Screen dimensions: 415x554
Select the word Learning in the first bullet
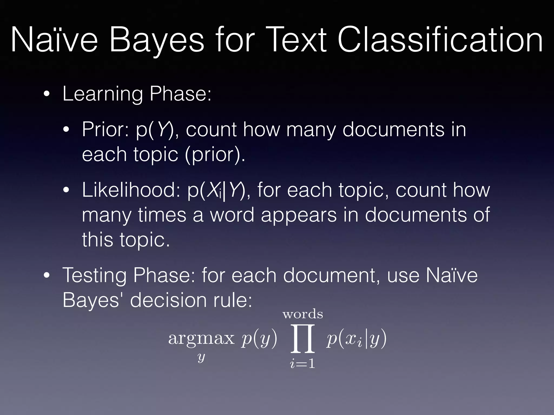[x=102, y=94]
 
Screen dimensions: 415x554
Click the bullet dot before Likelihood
[x=66, y=190]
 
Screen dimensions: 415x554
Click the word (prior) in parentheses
[x=215, y=155]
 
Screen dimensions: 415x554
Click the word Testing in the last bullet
[x=94, y=275]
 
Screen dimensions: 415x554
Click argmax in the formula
[x=201, y=338]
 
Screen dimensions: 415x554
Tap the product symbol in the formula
[x=303, y=339]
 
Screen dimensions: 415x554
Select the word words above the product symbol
[x=303, y=314]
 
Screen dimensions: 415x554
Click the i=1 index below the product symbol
[x=303, y=364]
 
